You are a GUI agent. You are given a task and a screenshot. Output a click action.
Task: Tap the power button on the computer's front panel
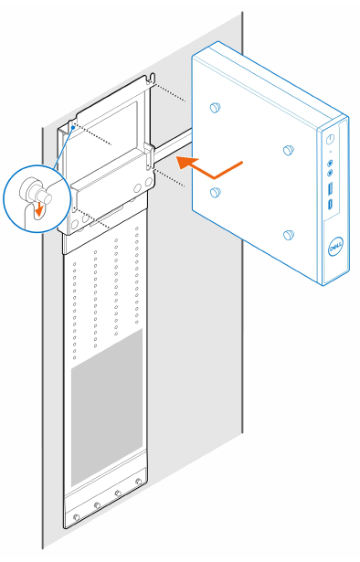coord(328,139)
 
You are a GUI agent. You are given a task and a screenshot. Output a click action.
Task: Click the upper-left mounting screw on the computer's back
coord(216,108)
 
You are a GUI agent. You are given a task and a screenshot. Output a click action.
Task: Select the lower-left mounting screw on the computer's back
coord(216,191)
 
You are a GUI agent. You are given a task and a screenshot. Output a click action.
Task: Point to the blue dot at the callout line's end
coord(72,128)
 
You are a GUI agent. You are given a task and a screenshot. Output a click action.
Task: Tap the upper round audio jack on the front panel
coord(328,163)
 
